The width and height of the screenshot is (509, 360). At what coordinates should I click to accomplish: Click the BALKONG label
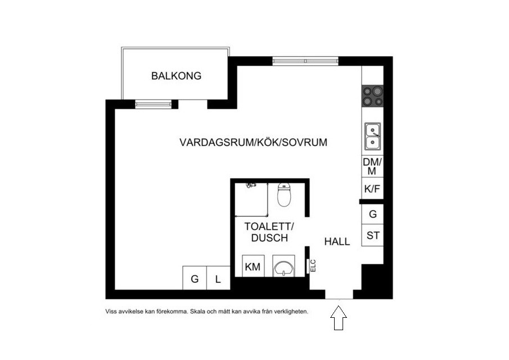click(176, 76)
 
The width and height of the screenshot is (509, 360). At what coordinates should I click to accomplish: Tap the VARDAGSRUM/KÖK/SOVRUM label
click(253, 142)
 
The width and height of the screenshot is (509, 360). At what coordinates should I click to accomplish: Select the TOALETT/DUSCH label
click(269, 232)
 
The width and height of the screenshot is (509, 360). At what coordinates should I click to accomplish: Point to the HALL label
click(337, 242)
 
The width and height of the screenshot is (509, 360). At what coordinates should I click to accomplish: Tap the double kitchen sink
click(372, 137)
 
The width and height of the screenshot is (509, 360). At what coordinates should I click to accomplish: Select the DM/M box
click(372, 166)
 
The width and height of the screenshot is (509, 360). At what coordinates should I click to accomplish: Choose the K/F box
click(372, 190)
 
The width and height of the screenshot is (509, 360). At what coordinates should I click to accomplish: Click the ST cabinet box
click(372, 235)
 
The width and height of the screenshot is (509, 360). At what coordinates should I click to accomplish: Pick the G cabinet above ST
click(372, 214)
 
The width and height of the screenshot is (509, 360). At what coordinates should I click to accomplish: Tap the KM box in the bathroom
click(253, 267)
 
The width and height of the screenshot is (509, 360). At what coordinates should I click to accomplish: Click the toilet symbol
click(285, 195)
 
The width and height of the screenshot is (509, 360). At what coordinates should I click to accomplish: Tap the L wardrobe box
click(218, 278)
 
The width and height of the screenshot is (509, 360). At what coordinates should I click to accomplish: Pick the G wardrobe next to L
click(195, 278)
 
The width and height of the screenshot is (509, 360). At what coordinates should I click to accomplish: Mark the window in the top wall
click(305, 60)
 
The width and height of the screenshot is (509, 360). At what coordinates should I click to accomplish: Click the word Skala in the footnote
click(197, 311)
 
